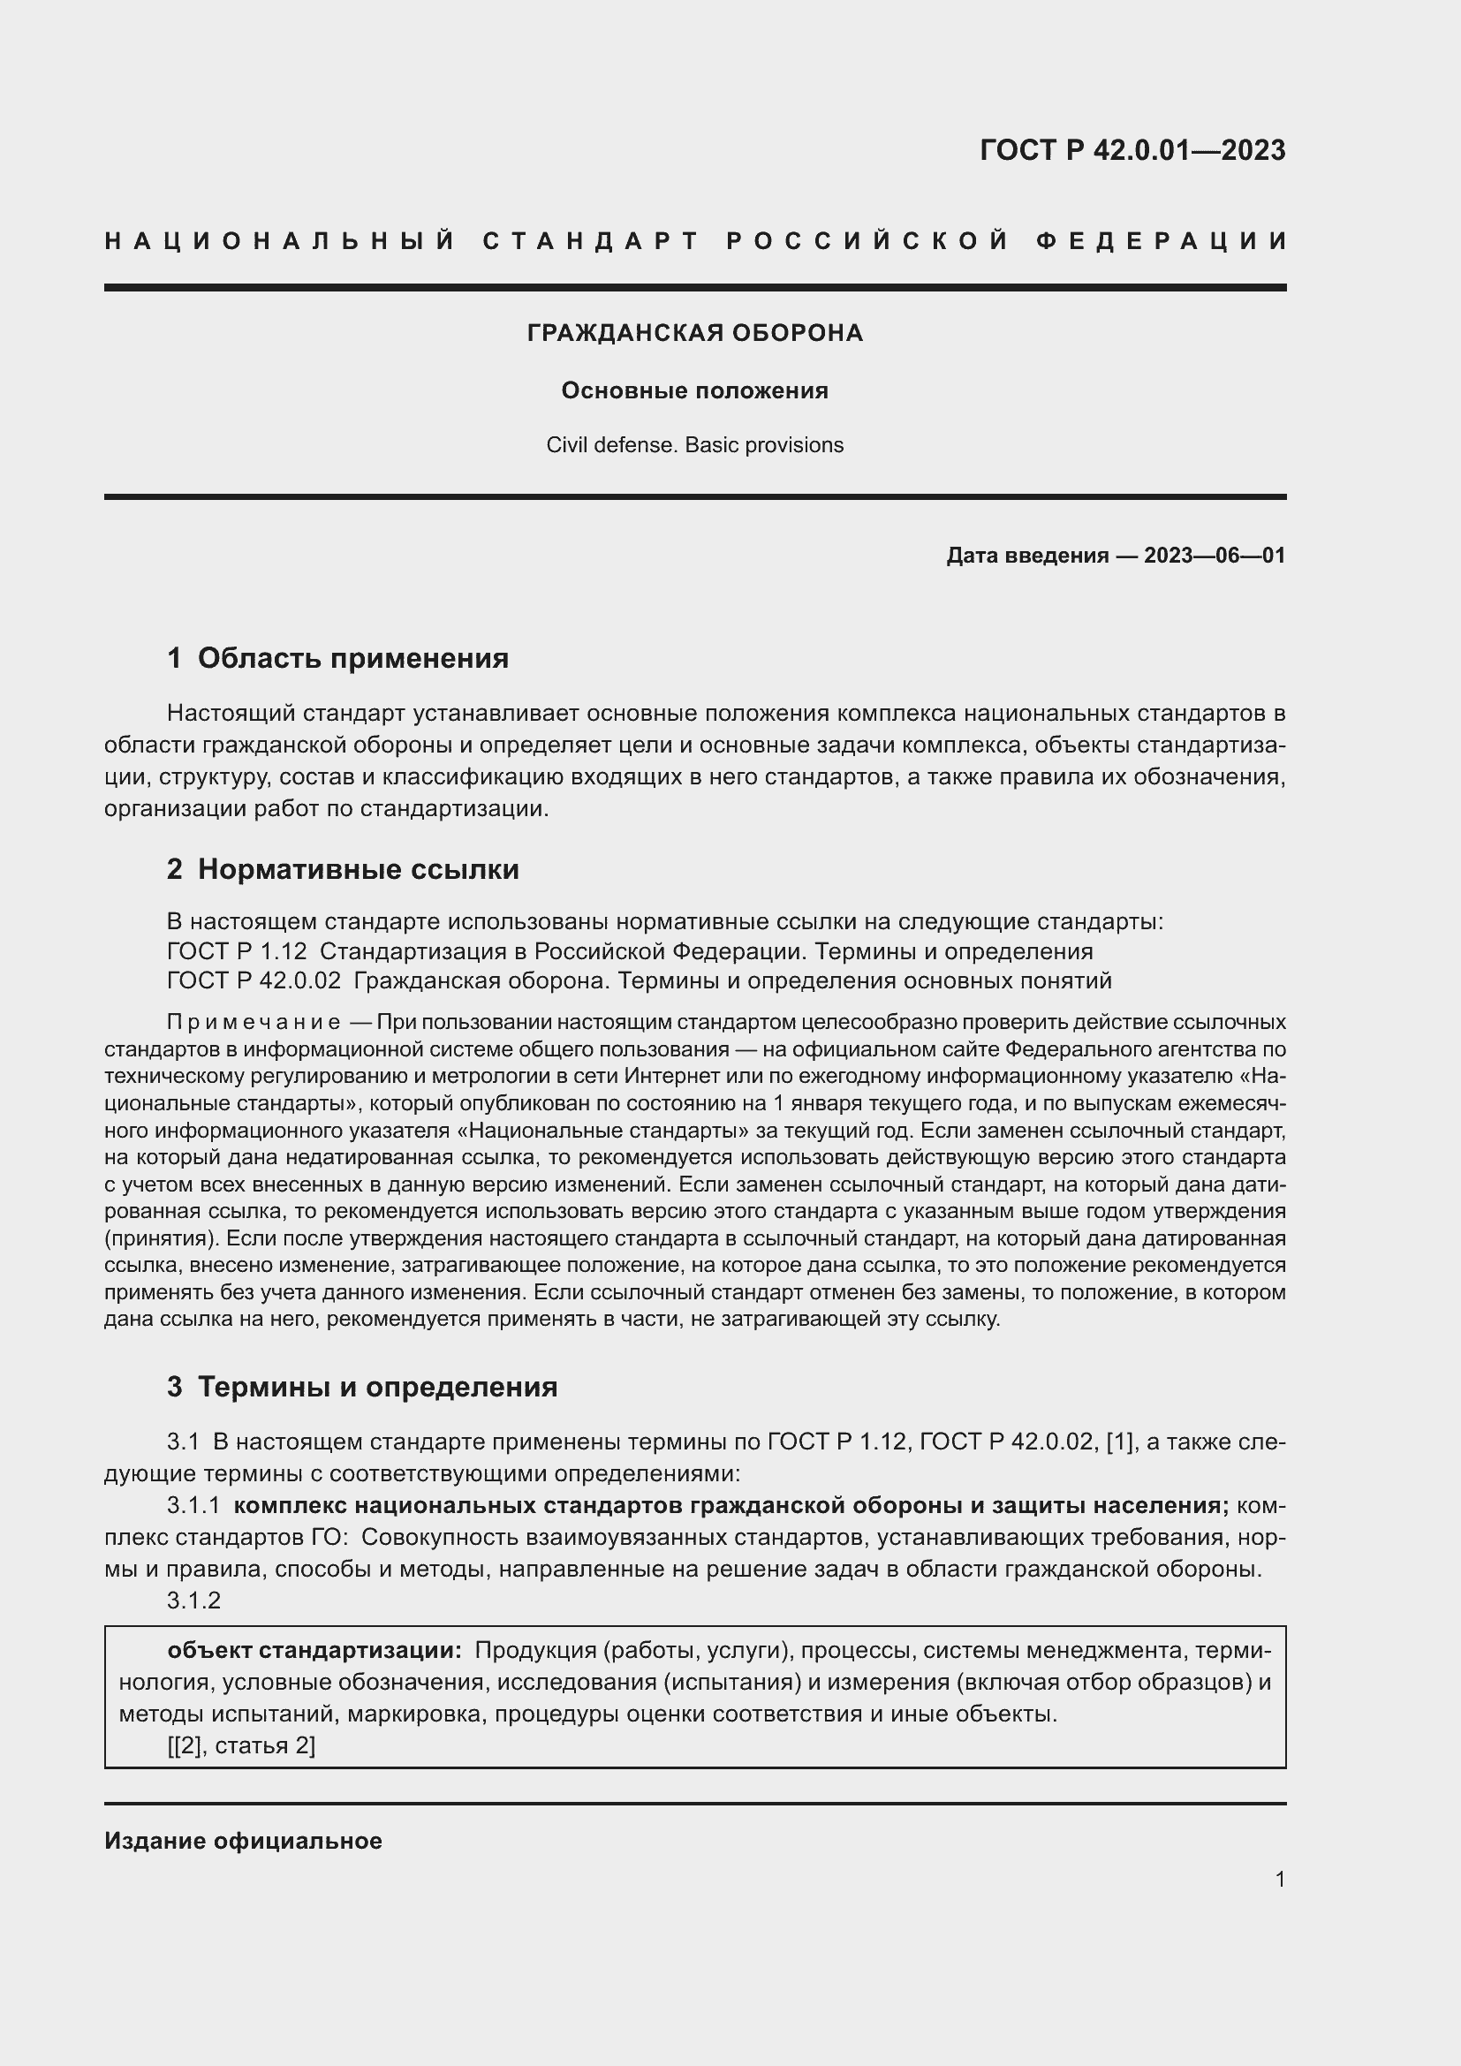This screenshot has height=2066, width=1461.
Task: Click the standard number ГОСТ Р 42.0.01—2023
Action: click(x=1132, y=149)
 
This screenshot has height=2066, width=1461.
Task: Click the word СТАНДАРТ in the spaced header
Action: click(x=591, y=241)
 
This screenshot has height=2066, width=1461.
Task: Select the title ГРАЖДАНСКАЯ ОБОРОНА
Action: click(x=694, y=333)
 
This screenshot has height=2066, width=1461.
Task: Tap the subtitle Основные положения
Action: click(x=694, y=390)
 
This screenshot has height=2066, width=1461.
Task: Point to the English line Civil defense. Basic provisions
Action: click(x=694, y=444)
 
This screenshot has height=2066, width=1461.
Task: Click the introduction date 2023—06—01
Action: click(x=1214, y=556)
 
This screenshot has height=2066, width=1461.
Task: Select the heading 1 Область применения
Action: click(x=337, y=658)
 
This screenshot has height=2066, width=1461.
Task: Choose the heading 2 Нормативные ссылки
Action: click(x=343, y=869)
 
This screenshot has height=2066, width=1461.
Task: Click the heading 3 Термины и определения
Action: click(x=361, y=1387)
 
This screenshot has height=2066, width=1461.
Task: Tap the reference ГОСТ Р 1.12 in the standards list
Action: click(x=237, y=951)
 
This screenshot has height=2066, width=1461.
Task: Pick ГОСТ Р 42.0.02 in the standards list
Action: click(x=254, y=980)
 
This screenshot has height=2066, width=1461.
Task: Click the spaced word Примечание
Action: click(x=254, y=1022)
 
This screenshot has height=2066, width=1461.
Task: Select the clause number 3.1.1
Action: click(x=193, y=1505)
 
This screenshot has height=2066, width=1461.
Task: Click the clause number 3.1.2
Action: click(x=193, y=1600)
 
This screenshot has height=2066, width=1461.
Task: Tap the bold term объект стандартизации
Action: click(x=314, y=1650)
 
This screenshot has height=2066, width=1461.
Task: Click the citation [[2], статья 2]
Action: click(x=241, y=1745)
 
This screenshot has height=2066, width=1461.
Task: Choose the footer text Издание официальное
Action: click(x=243, y=1841)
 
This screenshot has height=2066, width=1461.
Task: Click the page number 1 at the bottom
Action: click(x=1279, y=1879)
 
